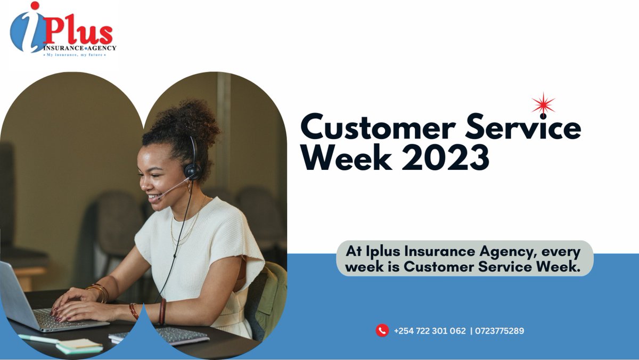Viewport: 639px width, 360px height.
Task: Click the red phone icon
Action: click(x=382, y=331)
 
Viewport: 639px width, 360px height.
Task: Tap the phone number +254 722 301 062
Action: click(x=430, y=331)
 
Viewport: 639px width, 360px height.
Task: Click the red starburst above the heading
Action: click(x=543, y=104)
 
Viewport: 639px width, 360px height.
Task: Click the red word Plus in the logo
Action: click(x=78, y=33)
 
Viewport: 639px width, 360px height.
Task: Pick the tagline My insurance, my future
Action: click(x=75, y=54)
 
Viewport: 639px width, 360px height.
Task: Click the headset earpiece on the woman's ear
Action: click(x=192, y=170)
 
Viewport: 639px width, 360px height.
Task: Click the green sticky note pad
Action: click(x=80, y=347)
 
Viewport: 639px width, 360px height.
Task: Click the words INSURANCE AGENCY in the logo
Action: click(x=80, y=48)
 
